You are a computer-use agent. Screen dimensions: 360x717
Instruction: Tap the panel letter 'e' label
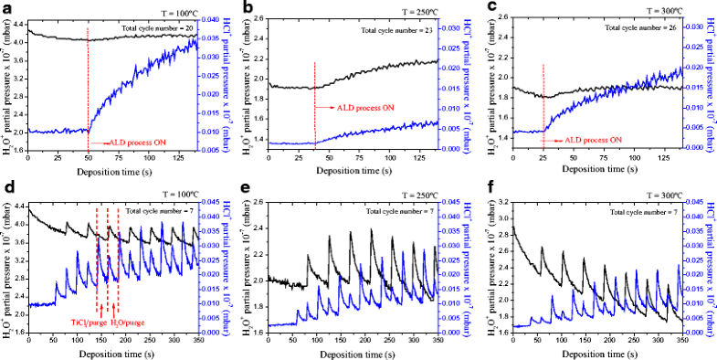click(247, 189)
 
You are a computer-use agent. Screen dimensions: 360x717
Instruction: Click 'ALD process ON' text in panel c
click(593, 140)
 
